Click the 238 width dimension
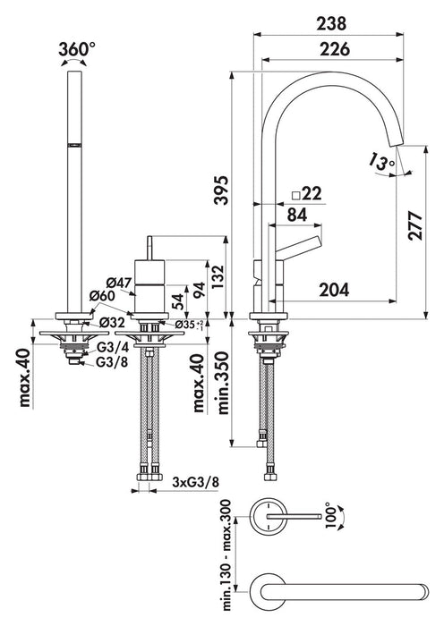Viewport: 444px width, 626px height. pyautogui.click(x=331, y=24)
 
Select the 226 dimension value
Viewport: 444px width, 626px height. pyautogui.click(x=335, y=49)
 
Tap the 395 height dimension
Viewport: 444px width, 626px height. pyautogui.click(x=221, y=190)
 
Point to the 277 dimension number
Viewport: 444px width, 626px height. pyautogui.click(x=415, y=225)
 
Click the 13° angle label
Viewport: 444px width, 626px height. pyautogui.click(x=381, y=162)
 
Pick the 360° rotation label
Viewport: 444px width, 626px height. pyautogui.click(x=77, y=49)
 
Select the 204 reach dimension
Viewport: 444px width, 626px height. pyautogui.click(x=334, y=290)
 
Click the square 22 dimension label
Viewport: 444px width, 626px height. pyautogui.click(x=307, y=194)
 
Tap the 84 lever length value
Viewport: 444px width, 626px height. pyautogui.click(x=298, y=215)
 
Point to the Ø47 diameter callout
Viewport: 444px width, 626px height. pyautogui.click(x=119, y=283)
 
